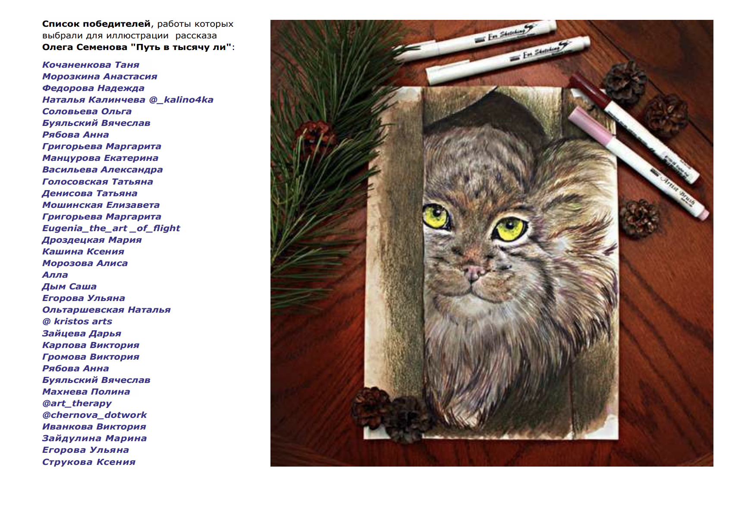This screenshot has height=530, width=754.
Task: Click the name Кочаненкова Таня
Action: [91, 65]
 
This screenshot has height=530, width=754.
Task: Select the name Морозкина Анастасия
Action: [100, 76]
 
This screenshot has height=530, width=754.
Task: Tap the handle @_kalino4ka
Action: [181, 100]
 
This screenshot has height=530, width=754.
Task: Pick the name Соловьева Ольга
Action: [87, 111]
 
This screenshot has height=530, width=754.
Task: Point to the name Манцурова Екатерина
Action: [100, 158]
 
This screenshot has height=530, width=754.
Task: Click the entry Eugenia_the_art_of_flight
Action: [111, 228]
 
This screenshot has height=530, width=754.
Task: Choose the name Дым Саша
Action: [69, 286]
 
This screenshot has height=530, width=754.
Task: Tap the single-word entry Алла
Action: [55, 275]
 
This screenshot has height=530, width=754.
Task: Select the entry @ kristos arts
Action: [77, 321]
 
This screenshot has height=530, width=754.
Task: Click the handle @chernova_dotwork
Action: [94, 415]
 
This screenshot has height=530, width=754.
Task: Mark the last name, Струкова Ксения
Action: [89, 462]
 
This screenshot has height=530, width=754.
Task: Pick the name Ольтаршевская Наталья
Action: [106, 310]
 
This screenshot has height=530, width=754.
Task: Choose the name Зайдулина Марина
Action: [94, 438]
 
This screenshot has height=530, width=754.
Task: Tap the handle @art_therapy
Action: [77, 403]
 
